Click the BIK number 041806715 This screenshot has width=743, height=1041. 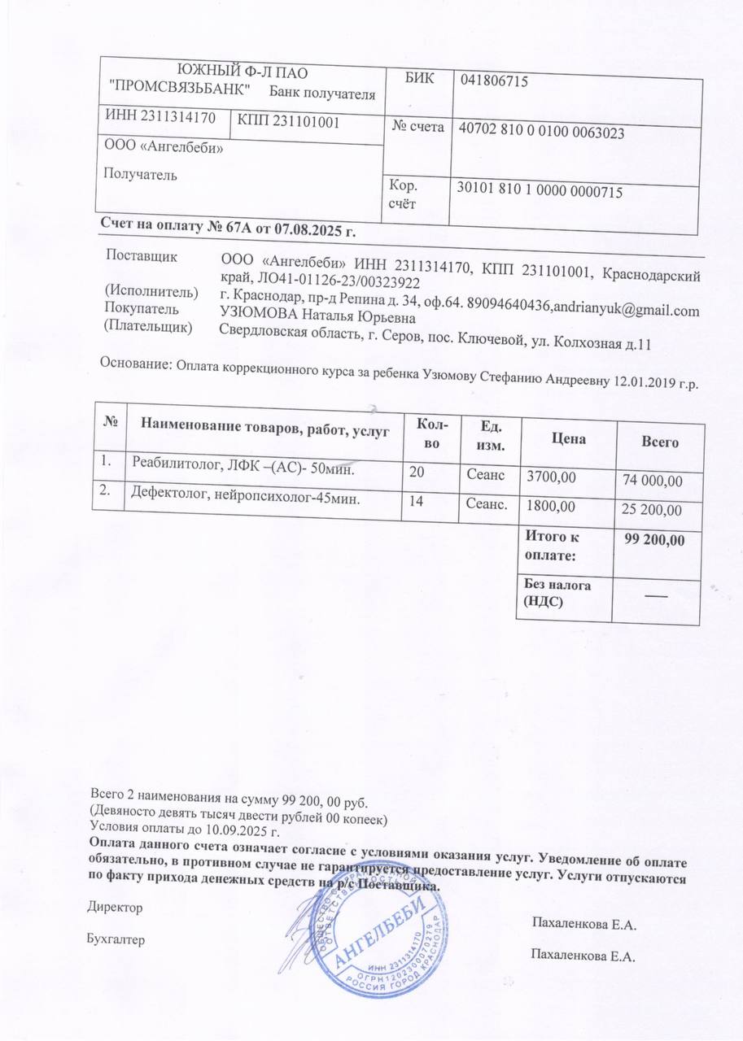pos(495,81)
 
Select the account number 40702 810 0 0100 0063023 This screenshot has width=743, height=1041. pos(541,130)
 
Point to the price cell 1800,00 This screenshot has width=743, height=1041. pos(551,507)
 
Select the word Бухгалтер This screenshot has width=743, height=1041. pos(116,939)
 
